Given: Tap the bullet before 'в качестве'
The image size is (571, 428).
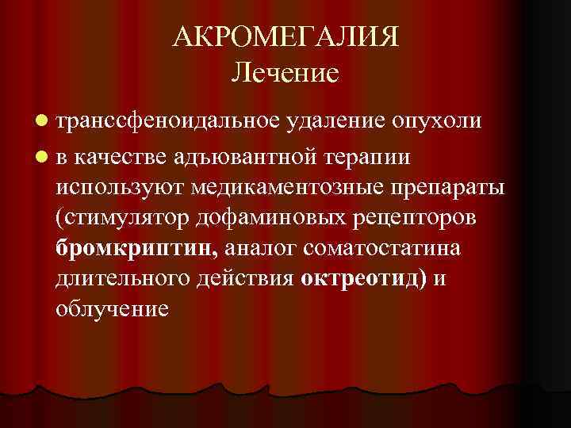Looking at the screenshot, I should tap(40, 156).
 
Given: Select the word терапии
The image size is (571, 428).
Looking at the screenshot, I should tap(366, 156).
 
